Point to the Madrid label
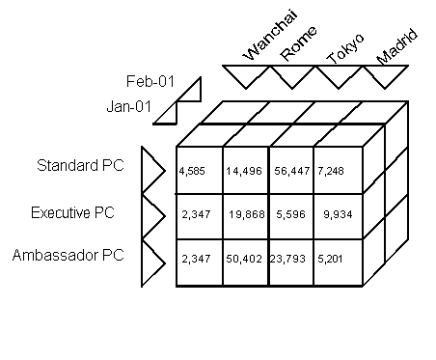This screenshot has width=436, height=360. point(396,46)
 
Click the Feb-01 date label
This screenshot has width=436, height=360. point(148,81)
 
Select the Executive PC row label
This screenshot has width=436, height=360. point(72,211)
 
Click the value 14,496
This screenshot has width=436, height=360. point(243,172)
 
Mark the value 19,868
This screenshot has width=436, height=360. point(246,216)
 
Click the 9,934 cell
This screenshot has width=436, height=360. point(340,216)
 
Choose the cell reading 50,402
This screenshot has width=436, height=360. point(244,259)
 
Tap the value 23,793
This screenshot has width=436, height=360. point(288,259)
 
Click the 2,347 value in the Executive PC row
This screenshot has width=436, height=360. point(196,216)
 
